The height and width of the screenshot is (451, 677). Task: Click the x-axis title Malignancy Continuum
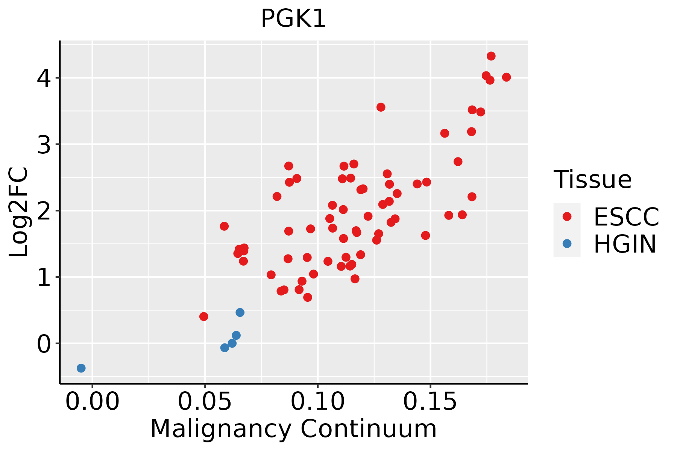[x=293, y=429]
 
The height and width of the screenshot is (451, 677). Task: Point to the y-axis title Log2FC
[x=18, y=212]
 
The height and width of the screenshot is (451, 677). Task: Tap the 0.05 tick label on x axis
[x=205, y=402]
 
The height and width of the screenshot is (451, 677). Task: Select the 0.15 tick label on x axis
[x=430, y=402]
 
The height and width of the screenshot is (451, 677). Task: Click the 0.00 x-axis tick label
[x=93, y=402]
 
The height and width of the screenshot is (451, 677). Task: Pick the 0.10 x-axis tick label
[x=318, y=402]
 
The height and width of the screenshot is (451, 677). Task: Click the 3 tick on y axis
[x=44, y=145]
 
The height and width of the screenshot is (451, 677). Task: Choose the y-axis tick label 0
[x=44, y=344]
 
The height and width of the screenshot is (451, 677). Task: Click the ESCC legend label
[x=627, y=217]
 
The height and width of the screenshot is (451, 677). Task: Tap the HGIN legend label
[x=625, y=244]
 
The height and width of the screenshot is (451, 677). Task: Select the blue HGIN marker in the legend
[x=567, y=244]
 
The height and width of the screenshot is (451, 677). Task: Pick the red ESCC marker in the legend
[x=567, y=216]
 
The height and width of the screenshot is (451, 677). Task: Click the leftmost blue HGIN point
[x=81, y=368]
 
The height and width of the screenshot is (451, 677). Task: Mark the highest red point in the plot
[x=491, y=56]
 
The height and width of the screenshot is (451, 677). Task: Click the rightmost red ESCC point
[x=506, y=77]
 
